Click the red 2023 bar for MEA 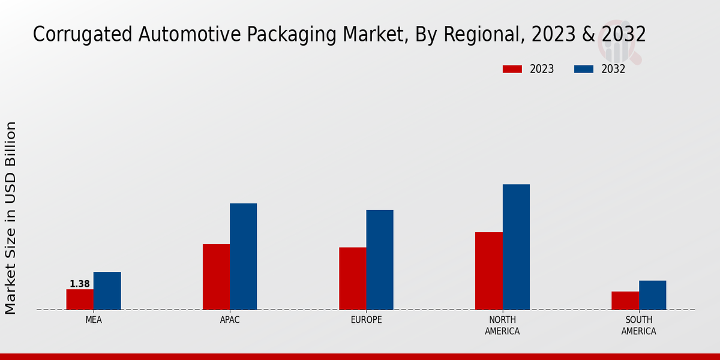[80, 299]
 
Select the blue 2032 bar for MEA [107, 291]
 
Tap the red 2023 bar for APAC [216, 277]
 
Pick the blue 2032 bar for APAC [243, 256]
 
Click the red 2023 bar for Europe [352, 278]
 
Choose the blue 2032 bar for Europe [380, 260]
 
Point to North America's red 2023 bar [489, 271]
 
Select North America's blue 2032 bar [516, 247]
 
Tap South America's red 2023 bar [625, 301]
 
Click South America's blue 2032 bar [652, 295]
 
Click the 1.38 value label [80, 284]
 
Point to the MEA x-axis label [94, 320]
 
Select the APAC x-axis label [230, 320]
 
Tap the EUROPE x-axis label [366, 320]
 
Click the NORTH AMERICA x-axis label [502, 325]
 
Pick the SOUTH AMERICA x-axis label [638, 325]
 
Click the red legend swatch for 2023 [512, 69]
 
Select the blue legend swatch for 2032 [584, 69]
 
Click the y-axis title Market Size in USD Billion [11, 218]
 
